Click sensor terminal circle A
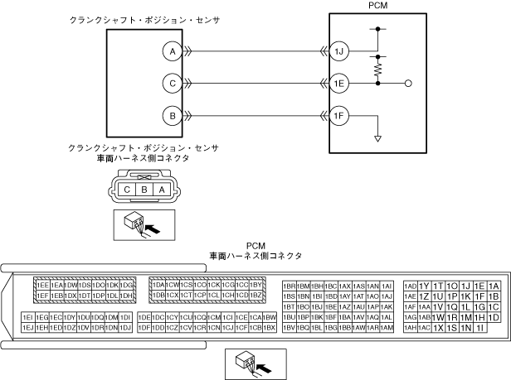[x=172, y=51]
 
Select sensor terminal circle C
[x=172, y=84]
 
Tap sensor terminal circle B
[x=172, y=116]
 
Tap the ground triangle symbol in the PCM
[x=378, y=137]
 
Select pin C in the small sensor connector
[x=127, y=189]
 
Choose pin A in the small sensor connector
[x=163, y=189]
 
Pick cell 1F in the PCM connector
[x=479, y=296]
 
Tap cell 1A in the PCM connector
[x=494, y=286]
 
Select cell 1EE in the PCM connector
[x=42, y=286]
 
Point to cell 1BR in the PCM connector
[x=290, y=286]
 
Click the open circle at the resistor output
[x=408, y=84]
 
